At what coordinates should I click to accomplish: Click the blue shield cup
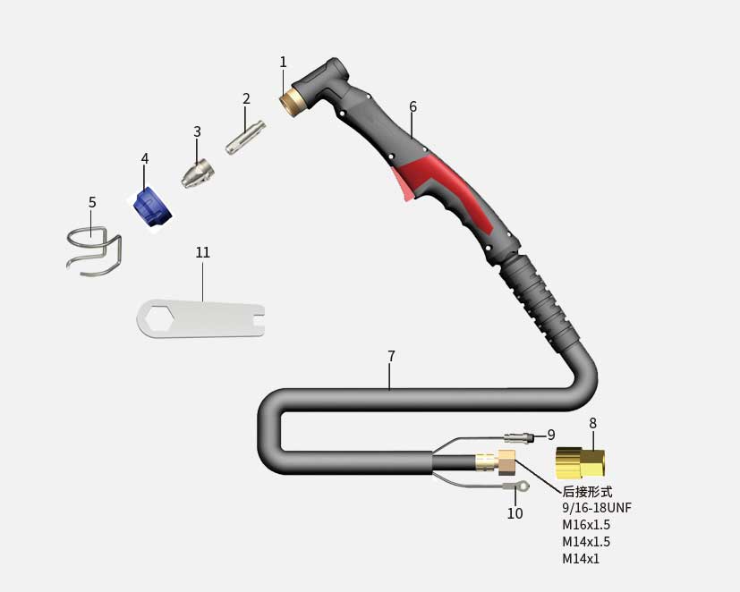point(151,207)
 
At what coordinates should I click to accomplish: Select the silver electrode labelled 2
point(245,137)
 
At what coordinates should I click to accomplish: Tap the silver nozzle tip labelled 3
point(197,173)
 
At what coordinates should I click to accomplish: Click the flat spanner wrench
point(200,318)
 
